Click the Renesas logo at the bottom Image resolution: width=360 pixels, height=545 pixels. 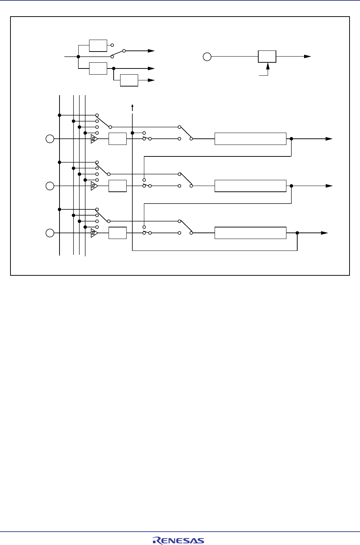(x=178, y=540)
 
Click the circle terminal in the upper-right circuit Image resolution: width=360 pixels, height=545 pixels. (x=207, y=57)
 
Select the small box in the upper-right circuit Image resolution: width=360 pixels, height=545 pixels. (x=267, y=57)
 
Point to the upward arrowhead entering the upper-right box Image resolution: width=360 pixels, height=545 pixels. (x=268, y=66)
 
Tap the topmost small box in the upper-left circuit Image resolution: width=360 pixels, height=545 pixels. (x=98, y=46)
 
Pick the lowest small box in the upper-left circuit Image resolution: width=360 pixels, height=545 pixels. (x=129, y=80)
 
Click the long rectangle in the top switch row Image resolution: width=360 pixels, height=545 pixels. (x=250, y=139)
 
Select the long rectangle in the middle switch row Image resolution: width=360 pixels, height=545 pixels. (x=250, y=186)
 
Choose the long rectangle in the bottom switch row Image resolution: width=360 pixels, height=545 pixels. (x=250, y=233)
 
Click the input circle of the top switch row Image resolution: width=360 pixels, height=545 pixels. (x=50, y=139)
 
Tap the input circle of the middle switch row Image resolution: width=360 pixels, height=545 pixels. (x=50, y=186)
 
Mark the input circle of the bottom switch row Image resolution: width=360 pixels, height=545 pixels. (x=50, y=233)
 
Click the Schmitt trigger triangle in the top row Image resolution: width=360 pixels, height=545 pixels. (x=94, y=139)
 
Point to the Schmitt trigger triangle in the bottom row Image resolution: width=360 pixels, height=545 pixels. (x=94, y=233)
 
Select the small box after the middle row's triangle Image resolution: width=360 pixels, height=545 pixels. (x=118, y=186)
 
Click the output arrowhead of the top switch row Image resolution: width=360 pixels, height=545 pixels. (x=329, y=139)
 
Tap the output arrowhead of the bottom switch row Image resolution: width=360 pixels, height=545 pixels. (x=325, y=233)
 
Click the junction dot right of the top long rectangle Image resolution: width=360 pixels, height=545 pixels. (x=291, y=139)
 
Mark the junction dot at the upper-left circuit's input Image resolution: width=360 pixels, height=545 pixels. (x=78, y=57)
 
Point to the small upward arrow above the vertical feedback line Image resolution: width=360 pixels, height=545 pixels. (x=132, y=106)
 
